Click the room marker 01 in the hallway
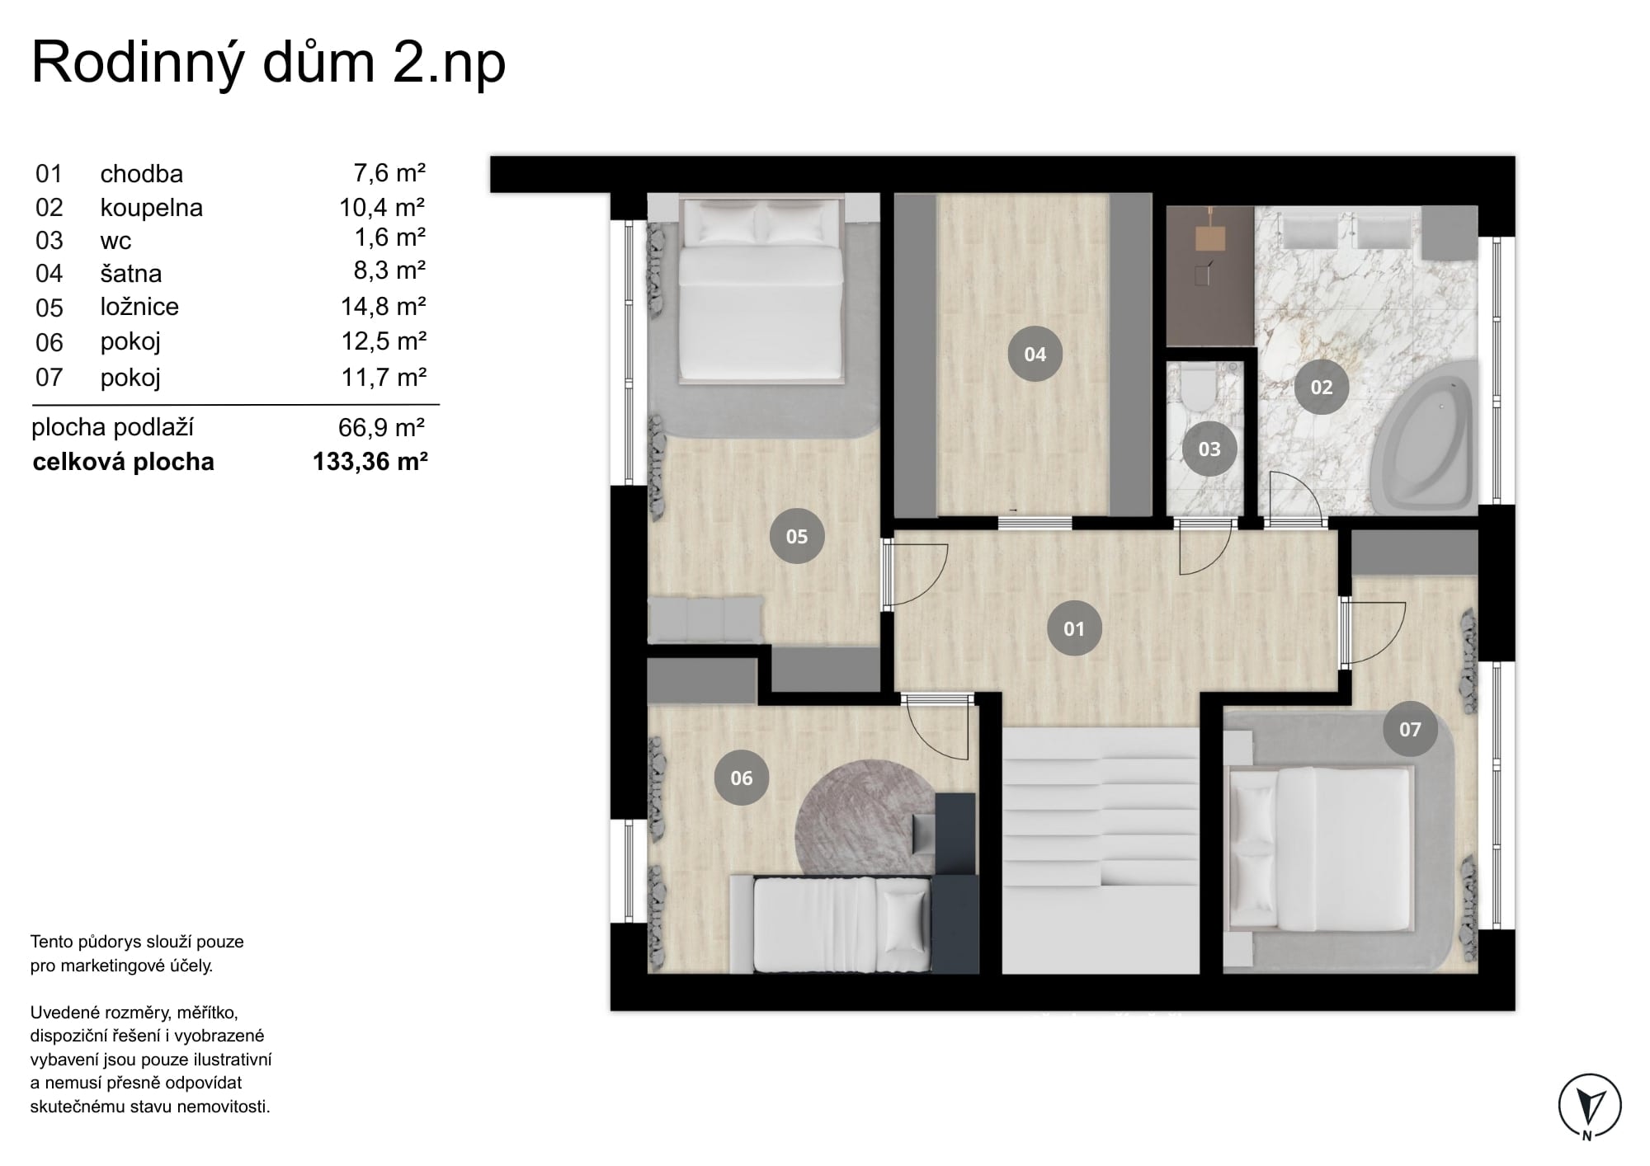point(1073,629)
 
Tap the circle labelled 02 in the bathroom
point(1322,387)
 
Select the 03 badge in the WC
point(1209,449)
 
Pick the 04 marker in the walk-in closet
point(1035,355)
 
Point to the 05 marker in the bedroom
point(797,537)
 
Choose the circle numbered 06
point(742,778)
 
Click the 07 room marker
point(1411,729)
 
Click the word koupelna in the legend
point(152,208)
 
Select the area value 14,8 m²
point(384,307)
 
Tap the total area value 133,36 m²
point(370,461)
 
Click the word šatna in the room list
point(131,273)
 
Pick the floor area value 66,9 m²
point(382,427)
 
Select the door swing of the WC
point(1205,548)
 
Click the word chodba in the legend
point(142,174)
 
